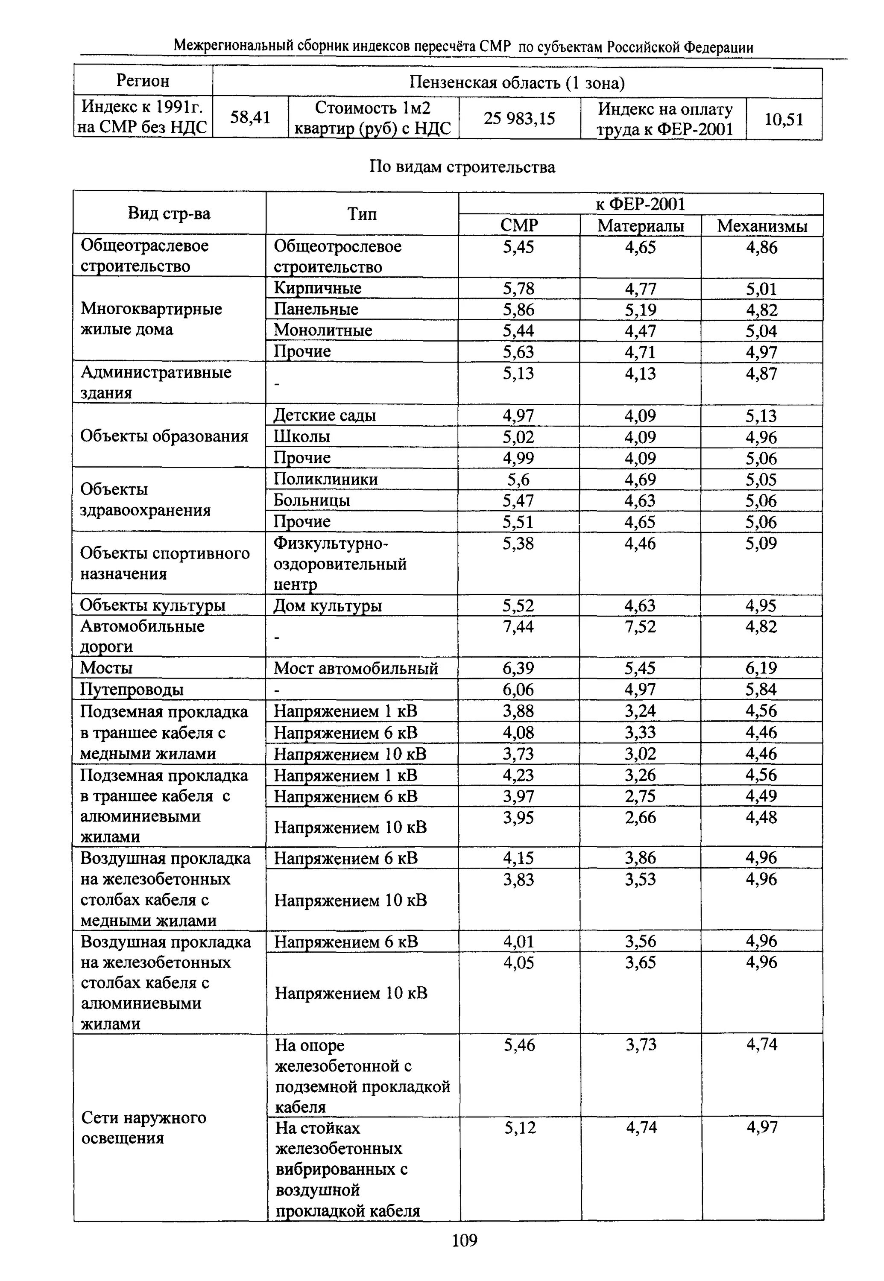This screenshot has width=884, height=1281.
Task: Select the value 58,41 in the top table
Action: (250, 117)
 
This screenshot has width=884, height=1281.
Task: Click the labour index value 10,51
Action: (784, 119)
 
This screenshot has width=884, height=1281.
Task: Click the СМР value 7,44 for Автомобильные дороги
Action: (518, 626)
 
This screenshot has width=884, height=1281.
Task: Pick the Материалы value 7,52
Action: (640, 626)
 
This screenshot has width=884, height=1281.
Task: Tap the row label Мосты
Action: (106, 668)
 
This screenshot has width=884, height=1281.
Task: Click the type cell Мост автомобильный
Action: (356, 668)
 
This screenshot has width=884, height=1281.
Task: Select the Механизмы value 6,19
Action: (761, 668)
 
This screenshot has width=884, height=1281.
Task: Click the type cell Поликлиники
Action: (326, 479)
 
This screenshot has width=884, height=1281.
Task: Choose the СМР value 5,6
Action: (518, 480)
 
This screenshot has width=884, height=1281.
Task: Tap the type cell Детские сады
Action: (325, 415)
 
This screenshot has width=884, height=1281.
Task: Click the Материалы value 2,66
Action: (640, 817)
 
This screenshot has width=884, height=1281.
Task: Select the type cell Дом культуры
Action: (328, 606)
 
